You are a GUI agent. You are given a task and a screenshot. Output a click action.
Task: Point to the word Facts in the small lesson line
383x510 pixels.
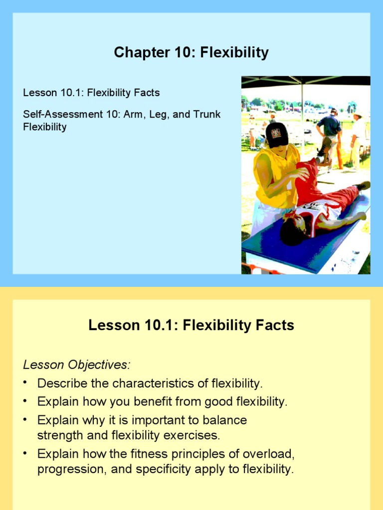pyautogui.click(x=147, y=93)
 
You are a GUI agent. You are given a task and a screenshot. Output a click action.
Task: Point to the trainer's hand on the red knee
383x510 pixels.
pyautogui.click(x=301, y=173)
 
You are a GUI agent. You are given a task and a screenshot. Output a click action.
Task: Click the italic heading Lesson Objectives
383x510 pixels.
pyautogui.click(x=76, y=365)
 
